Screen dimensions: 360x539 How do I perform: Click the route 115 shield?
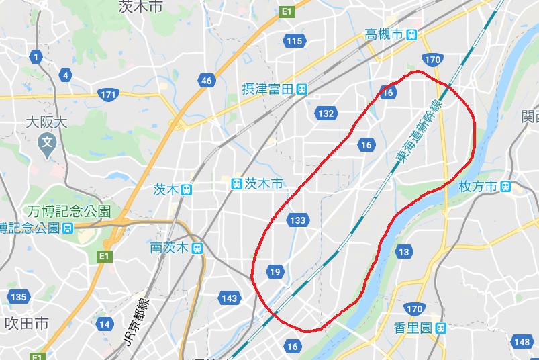pos(294,42)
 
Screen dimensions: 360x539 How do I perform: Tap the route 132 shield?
pos(326,114)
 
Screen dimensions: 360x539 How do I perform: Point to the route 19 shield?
pos(275,272)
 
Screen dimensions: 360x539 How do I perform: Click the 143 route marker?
pos(230,298)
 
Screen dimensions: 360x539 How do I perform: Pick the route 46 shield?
pos(206,81)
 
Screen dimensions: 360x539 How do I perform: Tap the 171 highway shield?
pos(107,95)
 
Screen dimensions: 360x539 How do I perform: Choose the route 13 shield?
pos(403,252)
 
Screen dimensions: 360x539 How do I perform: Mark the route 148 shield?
pos(522,342)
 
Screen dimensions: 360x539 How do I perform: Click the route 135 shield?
pos(18,297)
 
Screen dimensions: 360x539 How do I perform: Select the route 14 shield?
pos(104,324)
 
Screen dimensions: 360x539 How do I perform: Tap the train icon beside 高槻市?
pos(411,34)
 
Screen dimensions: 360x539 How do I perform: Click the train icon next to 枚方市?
pos(505,186)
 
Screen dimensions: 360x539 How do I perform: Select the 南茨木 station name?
pos(170,248)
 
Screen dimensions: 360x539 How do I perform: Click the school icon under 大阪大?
pos(48,142)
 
